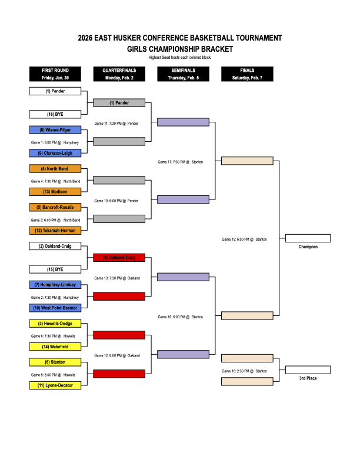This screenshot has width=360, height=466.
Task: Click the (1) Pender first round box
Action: [x=55, y=91]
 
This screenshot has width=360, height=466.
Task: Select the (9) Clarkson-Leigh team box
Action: [x=55, y=153]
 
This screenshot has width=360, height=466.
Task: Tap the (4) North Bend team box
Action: [x=55, y=169]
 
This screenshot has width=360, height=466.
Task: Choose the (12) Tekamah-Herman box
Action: [x=55, y=230]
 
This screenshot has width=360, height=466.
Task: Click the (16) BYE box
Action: [x=55, y=114]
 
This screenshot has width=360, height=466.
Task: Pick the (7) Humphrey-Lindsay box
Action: [x=55, y=285]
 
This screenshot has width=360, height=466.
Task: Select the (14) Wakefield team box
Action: [x=55, y=347]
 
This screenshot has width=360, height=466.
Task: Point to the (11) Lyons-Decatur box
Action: [x=55, y=385]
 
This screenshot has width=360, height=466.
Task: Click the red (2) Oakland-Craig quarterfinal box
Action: [x=119, y=258]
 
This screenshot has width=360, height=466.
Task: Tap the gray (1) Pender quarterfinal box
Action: [x=119, y=103]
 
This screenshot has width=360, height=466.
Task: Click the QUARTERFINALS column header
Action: [x=119, y=74]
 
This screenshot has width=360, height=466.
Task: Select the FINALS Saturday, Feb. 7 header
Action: [x=247, y=74]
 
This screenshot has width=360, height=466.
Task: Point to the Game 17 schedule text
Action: [x=180, y=162]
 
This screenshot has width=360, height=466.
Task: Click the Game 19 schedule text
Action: [x=245, y=239]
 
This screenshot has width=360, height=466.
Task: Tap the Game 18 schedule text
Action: [x=245, y=371]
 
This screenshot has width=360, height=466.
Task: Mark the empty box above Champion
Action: [x=308, y=238]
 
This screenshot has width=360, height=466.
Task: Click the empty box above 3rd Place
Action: [x=308, y=370]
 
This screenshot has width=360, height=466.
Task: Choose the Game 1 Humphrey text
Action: [x=55, y=142]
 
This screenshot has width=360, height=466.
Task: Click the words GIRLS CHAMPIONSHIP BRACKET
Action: [x=180, y=49]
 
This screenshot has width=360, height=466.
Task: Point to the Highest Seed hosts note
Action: [x=180, y=57]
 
